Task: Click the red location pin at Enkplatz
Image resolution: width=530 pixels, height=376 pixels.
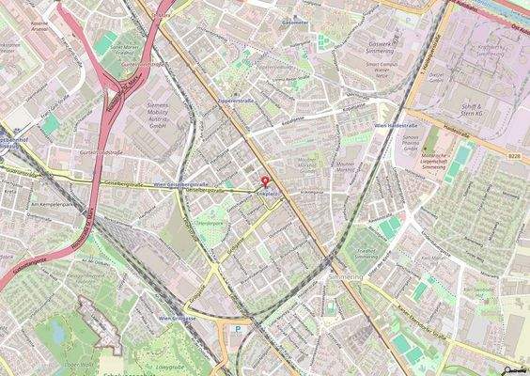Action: click(264, 180)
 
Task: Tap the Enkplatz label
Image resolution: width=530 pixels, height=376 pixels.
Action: click(268, 195)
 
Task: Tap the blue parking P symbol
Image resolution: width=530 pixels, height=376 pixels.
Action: click(237, 330)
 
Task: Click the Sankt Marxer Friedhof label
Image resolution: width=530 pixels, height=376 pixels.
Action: click(130, 48)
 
